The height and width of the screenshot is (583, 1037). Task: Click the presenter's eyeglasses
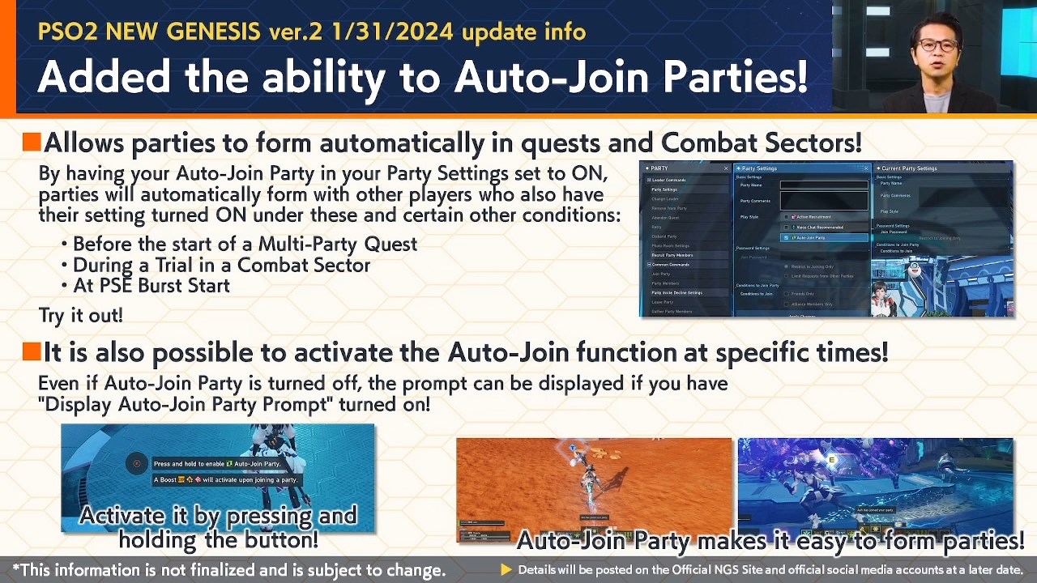point(937,45)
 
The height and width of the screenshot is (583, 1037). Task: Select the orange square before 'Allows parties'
point(32,143)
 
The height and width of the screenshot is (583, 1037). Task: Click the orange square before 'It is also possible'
point(32,351)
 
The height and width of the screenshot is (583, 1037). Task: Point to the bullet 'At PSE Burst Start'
point(151,286)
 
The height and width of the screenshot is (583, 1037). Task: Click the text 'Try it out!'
point(80,315)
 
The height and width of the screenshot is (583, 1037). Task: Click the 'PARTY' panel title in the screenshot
point(660,168)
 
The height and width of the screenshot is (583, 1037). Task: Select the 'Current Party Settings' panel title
point(909,168)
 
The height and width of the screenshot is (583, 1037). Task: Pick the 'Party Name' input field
point(824,185)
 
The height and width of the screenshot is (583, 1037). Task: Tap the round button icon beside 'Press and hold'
point(136,464)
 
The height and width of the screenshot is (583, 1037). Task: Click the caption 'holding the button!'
point(218,539)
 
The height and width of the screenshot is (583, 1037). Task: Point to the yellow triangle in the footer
point(506,570)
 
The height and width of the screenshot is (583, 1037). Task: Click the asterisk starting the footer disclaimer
point(16,570)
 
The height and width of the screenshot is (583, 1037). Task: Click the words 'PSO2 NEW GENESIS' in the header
point(149,32)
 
